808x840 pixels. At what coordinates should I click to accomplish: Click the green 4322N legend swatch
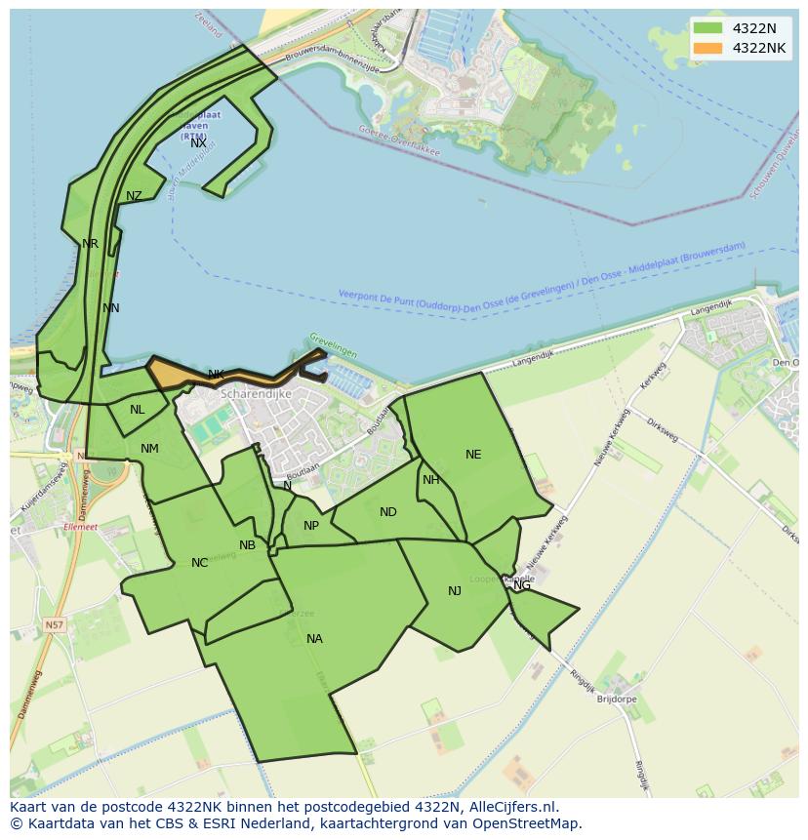point(707,28)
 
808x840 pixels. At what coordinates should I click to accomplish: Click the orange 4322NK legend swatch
point(707,48)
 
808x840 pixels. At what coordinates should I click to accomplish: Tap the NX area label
point(198,143)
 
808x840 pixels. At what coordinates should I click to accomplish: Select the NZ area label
point(134,196)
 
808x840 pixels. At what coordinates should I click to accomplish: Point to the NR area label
point(90,244)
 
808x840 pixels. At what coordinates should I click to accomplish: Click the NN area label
point(111,308)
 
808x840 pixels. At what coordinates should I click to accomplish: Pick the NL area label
point(137,410)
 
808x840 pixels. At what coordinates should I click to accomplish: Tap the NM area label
point(149,449)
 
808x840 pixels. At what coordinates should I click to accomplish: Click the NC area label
point(199,563)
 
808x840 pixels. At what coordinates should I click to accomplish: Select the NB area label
point(247,545)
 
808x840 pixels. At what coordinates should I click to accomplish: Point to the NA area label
point(314,639)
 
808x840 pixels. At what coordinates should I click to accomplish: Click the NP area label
point(311,526)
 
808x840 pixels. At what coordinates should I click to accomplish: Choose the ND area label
point(388,512)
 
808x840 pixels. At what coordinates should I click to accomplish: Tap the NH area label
point(430,480)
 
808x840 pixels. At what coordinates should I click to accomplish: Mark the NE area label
point(473,455)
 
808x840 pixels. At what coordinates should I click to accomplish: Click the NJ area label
point(455,591)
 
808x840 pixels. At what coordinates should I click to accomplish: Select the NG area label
point(522,585)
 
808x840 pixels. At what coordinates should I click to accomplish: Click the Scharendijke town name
point(256,394)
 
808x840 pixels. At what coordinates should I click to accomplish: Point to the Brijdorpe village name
point(617,700)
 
